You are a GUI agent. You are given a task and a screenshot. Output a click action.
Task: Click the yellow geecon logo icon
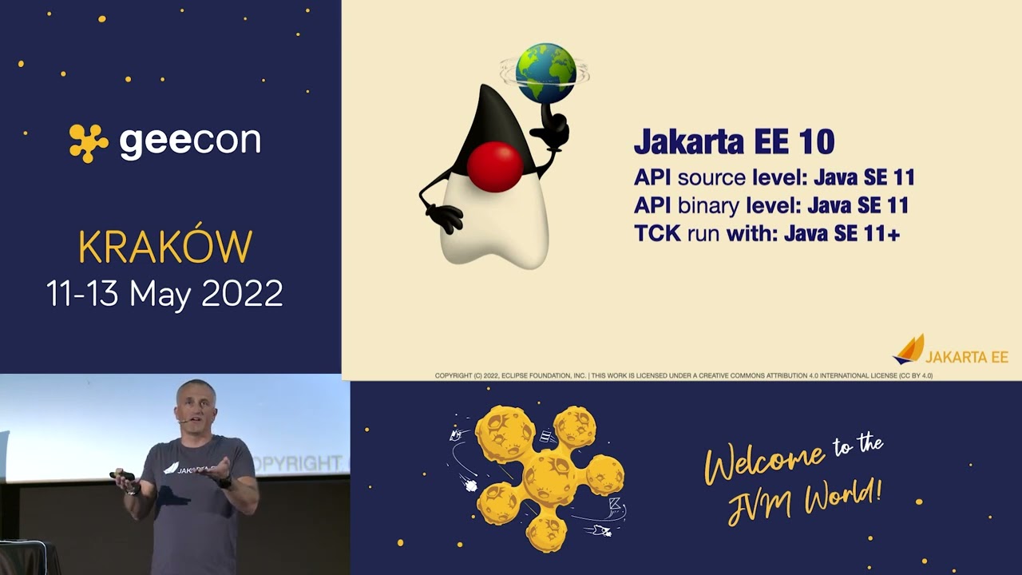click(x=88, y=143)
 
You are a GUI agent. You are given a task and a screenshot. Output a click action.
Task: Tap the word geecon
click(x=190, y=142)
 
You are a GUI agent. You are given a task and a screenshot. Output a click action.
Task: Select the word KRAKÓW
click(x=165, y=248)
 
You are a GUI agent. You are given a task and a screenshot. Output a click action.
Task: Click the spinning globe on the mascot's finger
click(x=545, y=73)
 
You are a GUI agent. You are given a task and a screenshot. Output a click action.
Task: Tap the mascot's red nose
click(x=494, y=167)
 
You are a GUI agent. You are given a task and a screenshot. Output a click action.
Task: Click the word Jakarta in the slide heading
click(x=689, y=142)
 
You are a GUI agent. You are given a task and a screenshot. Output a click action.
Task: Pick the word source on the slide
click(x=711, y=177)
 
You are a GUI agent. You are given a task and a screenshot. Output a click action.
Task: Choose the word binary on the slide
click(x=708, y=205)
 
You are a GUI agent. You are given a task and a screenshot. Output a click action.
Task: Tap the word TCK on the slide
click(x=656, y=233)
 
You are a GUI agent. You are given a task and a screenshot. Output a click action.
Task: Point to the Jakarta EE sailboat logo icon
click(x=908, y=350)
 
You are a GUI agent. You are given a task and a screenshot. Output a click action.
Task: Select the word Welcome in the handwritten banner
click(x=764, y=461)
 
